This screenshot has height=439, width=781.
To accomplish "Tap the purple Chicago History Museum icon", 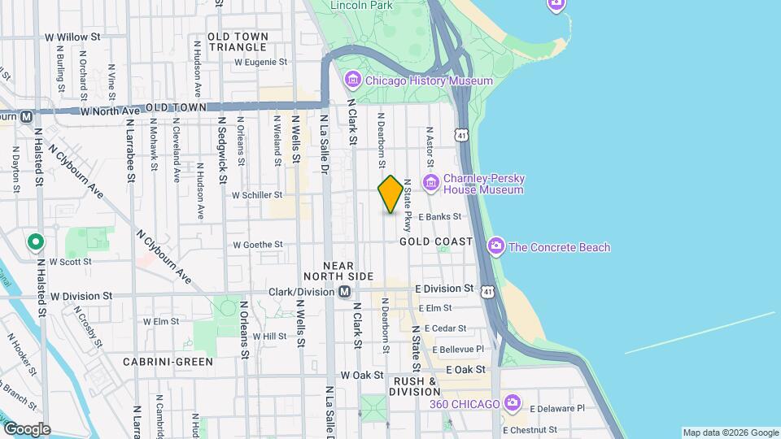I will coord(353,80).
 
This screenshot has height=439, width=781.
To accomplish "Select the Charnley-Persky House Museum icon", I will coord(430,181).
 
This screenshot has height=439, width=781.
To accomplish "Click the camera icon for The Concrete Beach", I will coord(495,246).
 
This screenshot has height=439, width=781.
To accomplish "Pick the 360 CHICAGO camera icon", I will coord(512,402).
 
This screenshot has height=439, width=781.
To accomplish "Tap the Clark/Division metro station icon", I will coord(345,291).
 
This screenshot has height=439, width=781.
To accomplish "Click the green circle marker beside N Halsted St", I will coord(35,242).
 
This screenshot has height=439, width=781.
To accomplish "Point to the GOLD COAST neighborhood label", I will coord(436,242).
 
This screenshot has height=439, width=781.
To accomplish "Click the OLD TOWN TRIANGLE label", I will coord(238,41).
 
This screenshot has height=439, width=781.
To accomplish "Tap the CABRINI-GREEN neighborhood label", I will coord(168,361).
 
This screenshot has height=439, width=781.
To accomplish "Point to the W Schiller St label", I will coord(257,195).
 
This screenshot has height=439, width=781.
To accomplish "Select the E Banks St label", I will coord(439,217).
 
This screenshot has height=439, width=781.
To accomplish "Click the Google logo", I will coord(27,428).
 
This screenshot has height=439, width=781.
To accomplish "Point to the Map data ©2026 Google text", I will coord(730,432).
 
